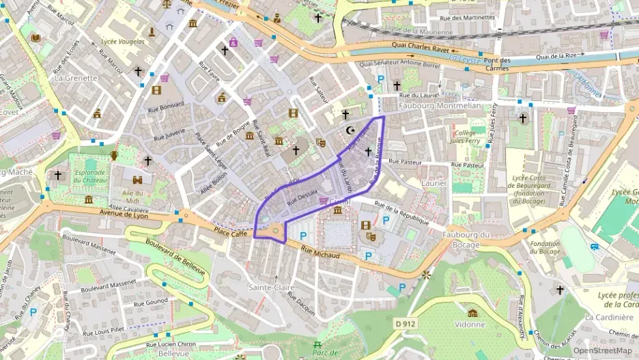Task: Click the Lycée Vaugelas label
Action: point(123,42)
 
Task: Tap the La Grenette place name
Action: point(76,78)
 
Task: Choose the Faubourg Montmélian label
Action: point(440,106)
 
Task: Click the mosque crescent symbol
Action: point(352,129)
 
